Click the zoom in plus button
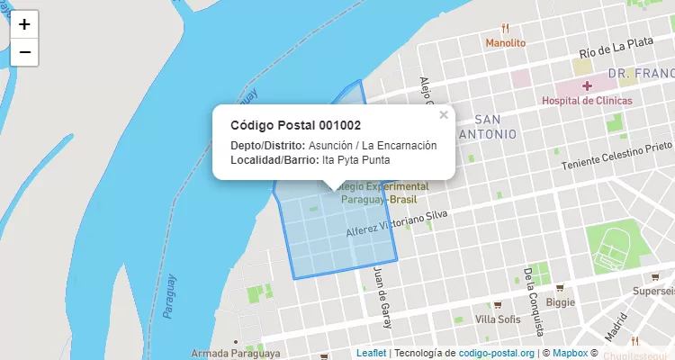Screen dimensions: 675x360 click(24, 24)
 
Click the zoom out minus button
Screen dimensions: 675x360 click(24, 52)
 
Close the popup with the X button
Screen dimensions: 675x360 click(443, 115)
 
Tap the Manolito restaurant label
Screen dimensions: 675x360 click(505, 42)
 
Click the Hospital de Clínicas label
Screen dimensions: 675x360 click(587, 101)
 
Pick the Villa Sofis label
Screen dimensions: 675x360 click(498, 319)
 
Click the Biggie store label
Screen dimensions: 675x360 click(561, 302)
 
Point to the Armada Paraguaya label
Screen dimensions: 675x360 click(237, 354)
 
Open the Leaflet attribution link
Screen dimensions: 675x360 click(371, 353)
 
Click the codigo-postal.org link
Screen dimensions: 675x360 click(497, 353)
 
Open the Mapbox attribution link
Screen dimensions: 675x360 click(570, 353)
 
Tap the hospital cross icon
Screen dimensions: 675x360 click(587, 85)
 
